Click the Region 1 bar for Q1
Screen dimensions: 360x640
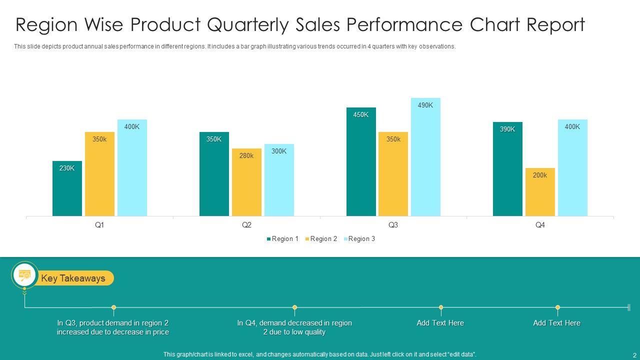pyautogui.click(x=67, y=192)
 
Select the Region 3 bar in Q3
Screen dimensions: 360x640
pyautogui.click(x=425, y=160)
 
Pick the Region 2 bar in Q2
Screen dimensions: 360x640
pyautogui.click(x=246, y=185)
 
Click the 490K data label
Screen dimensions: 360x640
pyautogui.click(x=425, y=105)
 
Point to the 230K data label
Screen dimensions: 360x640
pyautogui.click(x=67, y=168)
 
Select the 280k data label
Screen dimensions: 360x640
pyautogui.click(x=246, y=156)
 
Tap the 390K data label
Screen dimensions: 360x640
pyautogui.click(x=507, y=129)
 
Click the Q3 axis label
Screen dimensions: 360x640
pyautogui.click(x=393, y=225)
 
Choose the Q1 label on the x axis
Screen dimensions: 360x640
pyautogui.click(x=99, y=225)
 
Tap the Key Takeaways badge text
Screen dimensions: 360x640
pyautogui.click(x=73, y=278)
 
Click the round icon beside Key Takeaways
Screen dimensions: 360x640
pyautogui.click(x=24, y=275)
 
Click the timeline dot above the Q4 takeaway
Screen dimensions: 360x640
pyautogui.click(x=295, y=307)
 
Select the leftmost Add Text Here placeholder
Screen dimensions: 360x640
pyautogui.click(x=440, y=323)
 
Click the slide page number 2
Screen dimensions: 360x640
pyautogui.click(x=634, y=355)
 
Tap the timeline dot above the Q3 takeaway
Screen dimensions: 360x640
pyautogui.click(x=114, y=307)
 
